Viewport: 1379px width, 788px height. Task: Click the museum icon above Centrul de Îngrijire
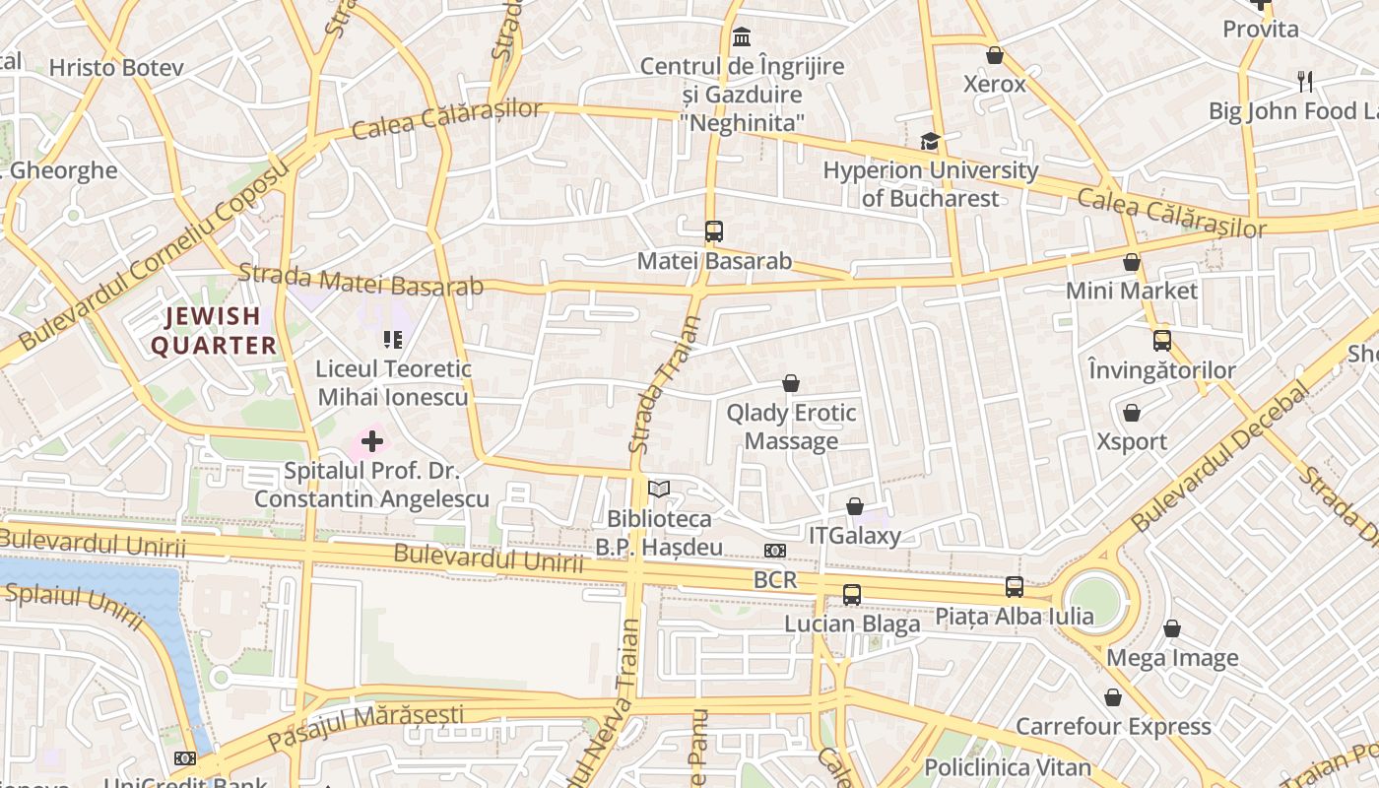pyautogui.click(x=742, y=37)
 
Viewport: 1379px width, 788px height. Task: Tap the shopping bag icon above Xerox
pyautogui.click(x=995, y=55)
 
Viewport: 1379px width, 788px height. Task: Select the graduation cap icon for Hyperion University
pyautogui.click(x=930, y=142)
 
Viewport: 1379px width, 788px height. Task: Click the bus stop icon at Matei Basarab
pyautogui.click(x=714, y=231)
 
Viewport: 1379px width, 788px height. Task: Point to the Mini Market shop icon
pyautogui.click(x=1132, y=262)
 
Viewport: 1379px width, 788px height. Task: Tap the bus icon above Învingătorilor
pyautogui.click(x=1162, y=341)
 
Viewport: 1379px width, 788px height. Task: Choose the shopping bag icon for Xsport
pyautogui.click(x=1132, y=413)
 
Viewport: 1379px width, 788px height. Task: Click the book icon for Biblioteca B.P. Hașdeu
pyautogui.click(x=659, y=489)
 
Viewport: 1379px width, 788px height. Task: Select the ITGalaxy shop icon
pyautogui.click(x=855, y=506)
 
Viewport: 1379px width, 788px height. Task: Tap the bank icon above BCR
pyautogui.click(x=775, y=551)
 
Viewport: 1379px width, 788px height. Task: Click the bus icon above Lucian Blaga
pyautogui.click(x=852, y=595)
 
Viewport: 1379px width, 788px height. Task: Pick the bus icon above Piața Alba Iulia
pyautogui.click(x=1015, y=587)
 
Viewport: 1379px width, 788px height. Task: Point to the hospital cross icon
pyautogui.click(x=372, y=441)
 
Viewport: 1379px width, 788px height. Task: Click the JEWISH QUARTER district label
pyautogui.click(x=214, y=331)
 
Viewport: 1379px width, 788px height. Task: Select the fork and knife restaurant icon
pyautogui.click(x=1305, y=82)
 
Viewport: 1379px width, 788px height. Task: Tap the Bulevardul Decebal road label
pyautogui.click(x=1221, y=457)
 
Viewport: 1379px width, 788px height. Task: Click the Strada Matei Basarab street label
pyautogui.click(x=361, y=280)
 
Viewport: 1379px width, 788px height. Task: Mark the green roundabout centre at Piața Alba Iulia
pyautogui.click(x=1094, y=600)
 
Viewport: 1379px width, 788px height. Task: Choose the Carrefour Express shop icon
pyautogui.click(x=1113, y=697)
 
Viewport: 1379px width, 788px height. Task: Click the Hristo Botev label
pyautogui.click(x=116, y=68)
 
